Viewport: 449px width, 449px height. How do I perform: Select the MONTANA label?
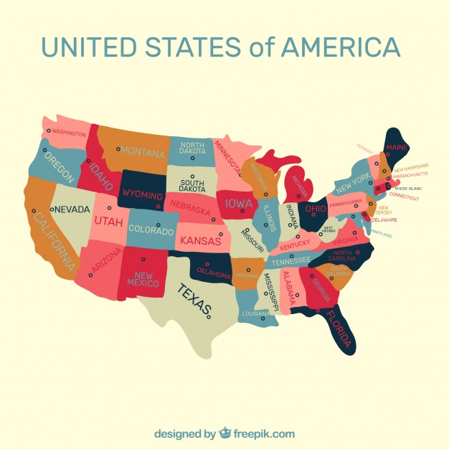pos(143,151)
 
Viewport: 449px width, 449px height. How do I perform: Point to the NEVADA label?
pos(72,209)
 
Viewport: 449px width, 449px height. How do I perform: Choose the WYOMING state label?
pos(143,194)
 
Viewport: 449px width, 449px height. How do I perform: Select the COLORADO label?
pos(151,231)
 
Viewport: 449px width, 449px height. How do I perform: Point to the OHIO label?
pos(316,209)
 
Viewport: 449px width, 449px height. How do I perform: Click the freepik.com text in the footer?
pos(263,433)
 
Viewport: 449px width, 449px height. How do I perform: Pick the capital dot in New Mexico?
pos(143,259)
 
